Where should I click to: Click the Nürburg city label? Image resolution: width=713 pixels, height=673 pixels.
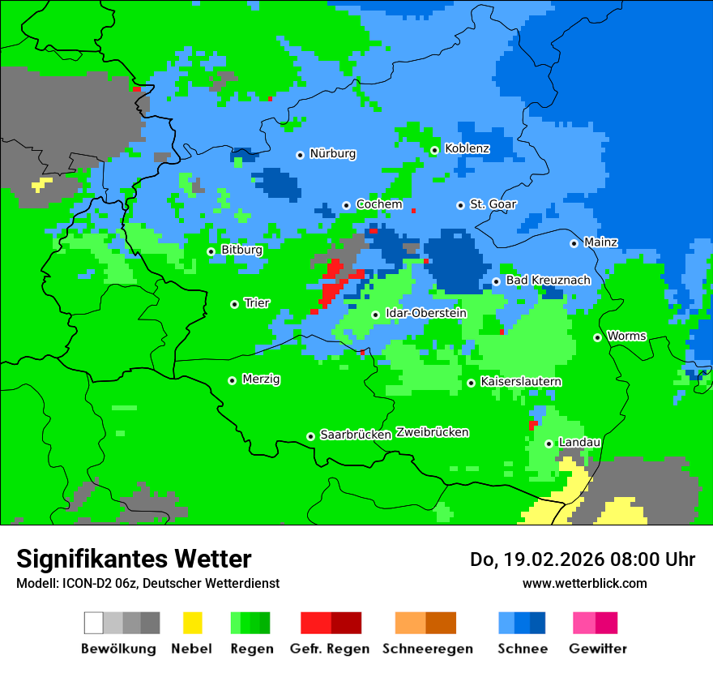(332, 154)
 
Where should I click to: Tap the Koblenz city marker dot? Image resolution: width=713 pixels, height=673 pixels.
(434, 150)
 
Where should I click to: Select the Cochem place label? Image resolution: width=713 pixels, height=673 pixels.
(379, 204)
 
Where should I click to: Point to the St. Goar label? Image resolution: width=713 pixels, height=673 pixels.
(493, 204)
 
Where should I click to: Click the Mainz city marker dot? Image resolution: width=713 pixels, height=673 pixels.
(574, 243)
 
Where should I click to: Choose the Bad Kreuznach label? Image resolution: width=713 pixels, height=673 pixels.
(548, 281)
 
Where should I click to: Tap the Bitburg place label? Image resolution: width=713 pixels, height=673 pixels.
(241, 251)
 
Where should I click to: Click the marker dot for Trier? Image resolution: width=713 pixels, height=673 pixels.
(234, 304)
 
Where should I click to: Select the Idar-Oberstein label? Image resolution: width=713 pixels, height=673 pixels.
(425, 314)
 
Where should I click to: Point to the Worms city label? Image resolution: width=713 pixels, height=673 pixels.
(626, 336)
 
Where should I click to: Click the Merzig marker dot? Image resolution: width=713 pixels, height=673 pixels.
(233, 380)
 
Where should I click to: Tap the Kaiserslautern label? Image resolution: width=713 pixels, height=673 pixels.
(521, 382)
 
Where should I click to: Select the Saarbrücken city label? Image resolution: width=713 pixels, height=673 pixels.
(356, 435)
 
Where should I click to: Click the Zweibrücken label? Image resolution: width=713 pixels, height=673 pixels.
(433, 433)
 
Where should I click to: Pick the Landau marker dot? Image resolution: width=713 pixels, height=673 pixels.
(549, 444)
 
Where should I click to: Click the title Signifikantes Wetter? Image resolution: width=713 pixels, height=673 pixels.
(134, 559)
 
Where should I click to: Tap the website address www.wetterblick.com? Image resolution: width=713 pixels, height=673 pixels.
(584, 583)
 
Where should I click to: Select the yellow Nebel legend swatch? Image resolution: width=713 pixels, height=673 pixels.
(192, 623)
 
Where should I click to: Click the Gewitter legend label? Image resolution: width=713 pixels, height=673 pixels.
(598, 649)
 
